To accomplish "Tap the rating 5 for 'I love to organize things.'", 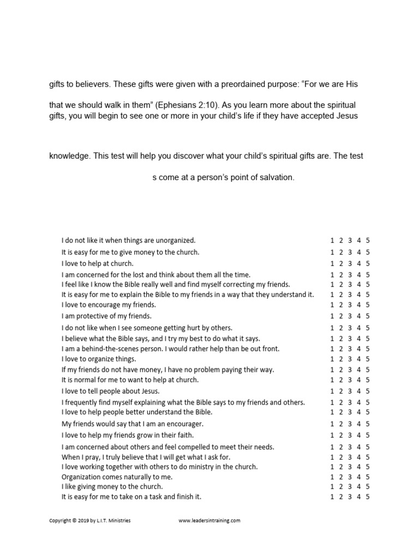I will click(x=368, y=359).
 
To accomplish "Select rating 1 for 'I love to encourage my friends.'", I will click(x=332, y=305).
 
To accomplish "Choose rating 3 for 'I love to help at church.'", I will click(x=350, y=263).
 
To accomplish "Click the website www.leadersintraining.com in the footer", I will click(x=209, y=521).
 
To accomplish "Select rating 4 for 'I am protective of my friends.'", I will click(x=359, y=316).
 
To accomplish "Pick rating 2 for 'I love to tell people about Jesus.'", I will click(x=340, y=391).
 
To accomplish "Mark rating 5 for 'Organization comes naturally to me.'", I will click(x=368, y=477).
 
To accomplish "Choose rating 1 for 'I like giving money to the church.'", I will click(x=332, y=486).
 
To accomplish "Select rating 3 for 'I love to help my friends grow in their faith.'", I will click(x=350, y=435).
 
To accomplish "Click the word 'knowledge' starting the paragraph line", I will click(x=69, y=156).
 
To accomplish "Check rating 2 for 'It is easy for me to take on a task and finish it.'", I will click(x=340, y=497).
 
